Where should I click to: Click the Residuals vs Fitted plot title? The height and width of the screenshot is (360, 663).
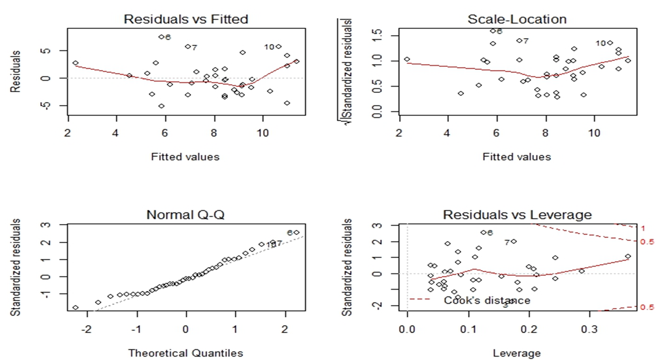pyautogui.click(x=186, y=19)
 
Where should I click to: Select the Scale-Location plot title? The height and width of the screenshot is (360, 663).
pyautogui.click(x=517, y=19)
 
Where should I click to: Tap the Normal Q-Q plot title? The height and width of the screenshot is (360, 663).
pyautogui.click(x=186, y=215)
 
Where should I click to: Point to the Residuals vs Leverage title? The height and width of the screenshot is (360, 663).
pyautogui.click(x=517, y=215)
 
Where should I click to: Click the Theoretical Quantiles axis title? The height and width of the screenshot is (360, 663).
pyautogui.click(x=185, y=353)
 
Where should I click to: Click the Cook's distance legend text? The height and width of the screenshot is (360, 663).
pyautogui.click(x=486, y=300)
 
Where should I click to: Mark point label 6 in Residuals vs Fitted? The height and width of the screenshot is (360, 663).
pyautogui.click(x=168, y=37)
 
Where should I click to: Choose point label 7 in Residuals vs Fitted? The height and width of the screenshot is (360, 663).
pyautogui.click(x=194, y=47)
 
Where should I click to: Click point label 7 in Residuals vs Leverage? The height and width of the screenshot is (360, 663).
pyautogui.click(x=507, y=242)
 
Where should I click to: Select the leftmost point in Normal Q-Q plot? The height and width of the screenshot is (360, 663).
pyautogui.click(x=75, y=308)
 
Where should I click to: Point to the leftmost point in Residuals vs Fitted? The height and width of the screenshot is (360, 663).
pyautogui.click(x=75, y=63)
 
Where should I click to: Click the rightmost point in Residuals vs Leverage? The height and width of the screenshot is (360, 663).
pyautogui.click(x=628, y=256)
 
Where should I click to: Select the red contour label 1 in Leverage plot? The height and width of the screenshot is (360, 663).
pyautogui.click(x=643, y=228)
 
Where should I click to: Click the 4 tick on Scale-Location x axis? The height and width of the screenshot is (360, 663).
pyautogui.click(x=447, y=133)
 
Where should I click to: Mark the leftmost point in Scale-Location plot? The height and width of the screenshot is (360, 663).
pyautogui.click(x=407, y=59)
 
